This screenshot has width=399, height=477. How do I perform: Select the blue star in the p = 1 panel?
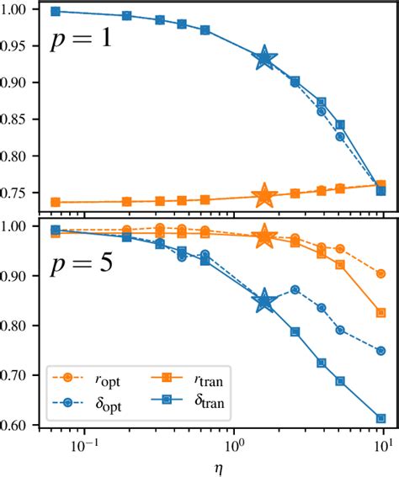click(x=265, y=58)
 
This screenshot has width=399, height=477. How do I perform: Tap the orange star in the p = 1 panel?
click(x=265, y=196)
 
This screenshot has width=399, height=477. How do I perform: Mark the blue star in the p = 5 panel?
click(x=265, y=301)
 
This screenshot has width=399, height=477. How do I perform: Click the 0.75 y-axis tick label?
click(x=19, y=193)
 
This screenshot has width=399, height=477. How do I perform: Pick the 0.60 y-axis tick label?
click(x=19, y=425)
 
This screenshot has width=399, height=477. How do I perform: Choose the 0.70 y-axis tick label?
click(x=19, y=375)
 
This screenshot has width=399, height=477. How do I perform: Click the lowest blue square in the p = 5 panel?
click(x=381, y=418)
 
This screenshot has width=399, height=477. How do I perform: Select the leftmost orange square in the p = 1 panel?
click(x=56, y=203)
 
